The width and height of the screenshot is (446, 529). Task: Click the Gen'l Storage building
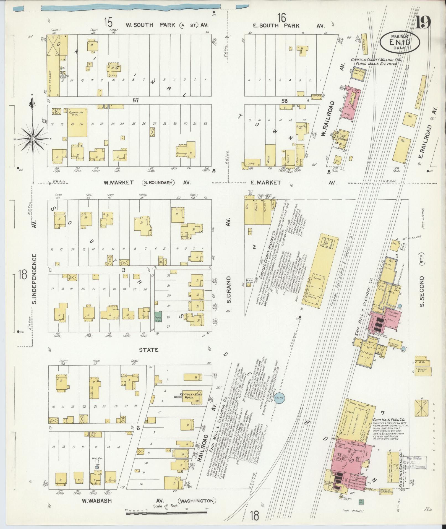click(x=53, y=66)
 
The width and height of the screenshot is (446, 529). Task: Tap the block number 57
click(x=135, y=101)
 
